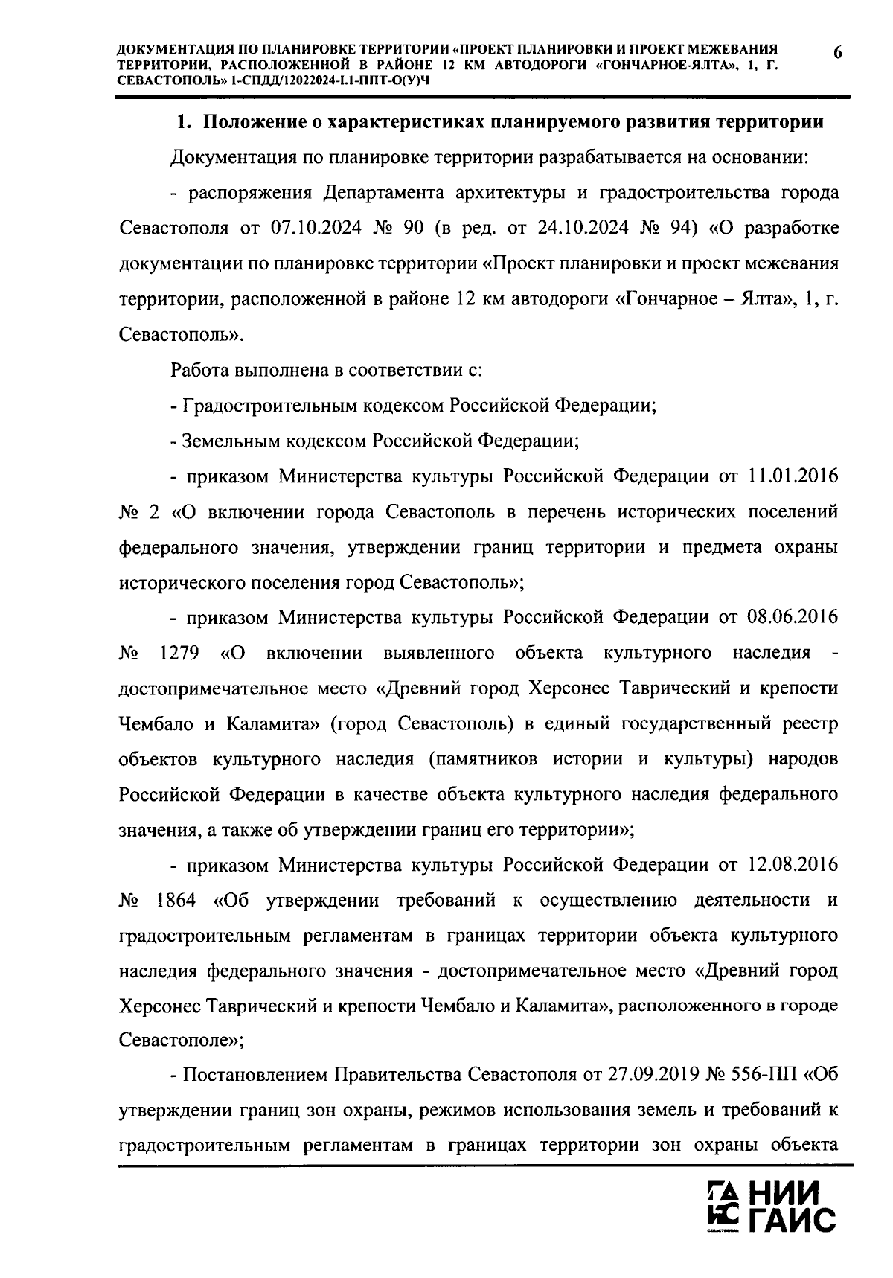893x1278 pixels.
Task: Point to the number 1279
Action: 179,654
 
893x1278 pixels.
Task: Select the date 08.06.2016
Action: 791,618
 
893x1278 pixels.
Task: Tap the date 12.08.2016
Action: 791,865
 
